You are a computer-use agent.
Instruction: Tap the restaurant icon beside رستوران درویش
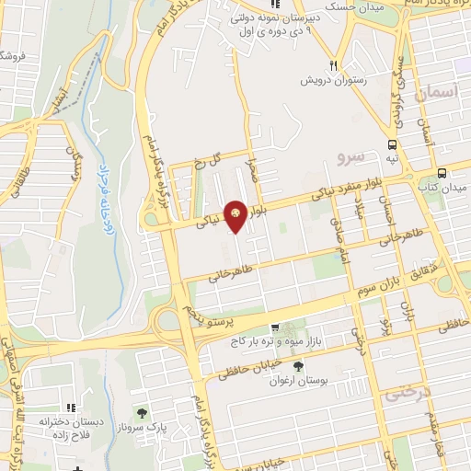(x=334, y=65)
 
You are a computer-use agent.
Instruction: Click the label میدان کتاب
(x=442, y=188)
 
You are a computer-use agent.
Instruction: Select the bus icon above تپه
(x=393, y=144)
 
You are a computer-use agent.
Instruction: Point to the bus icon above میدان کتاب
(x=442, y=172)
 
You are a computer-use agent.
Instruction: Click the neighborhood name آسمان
(x=434, y=93)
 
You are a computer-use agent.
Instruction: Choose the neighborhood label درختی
(x=405, y=394)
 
